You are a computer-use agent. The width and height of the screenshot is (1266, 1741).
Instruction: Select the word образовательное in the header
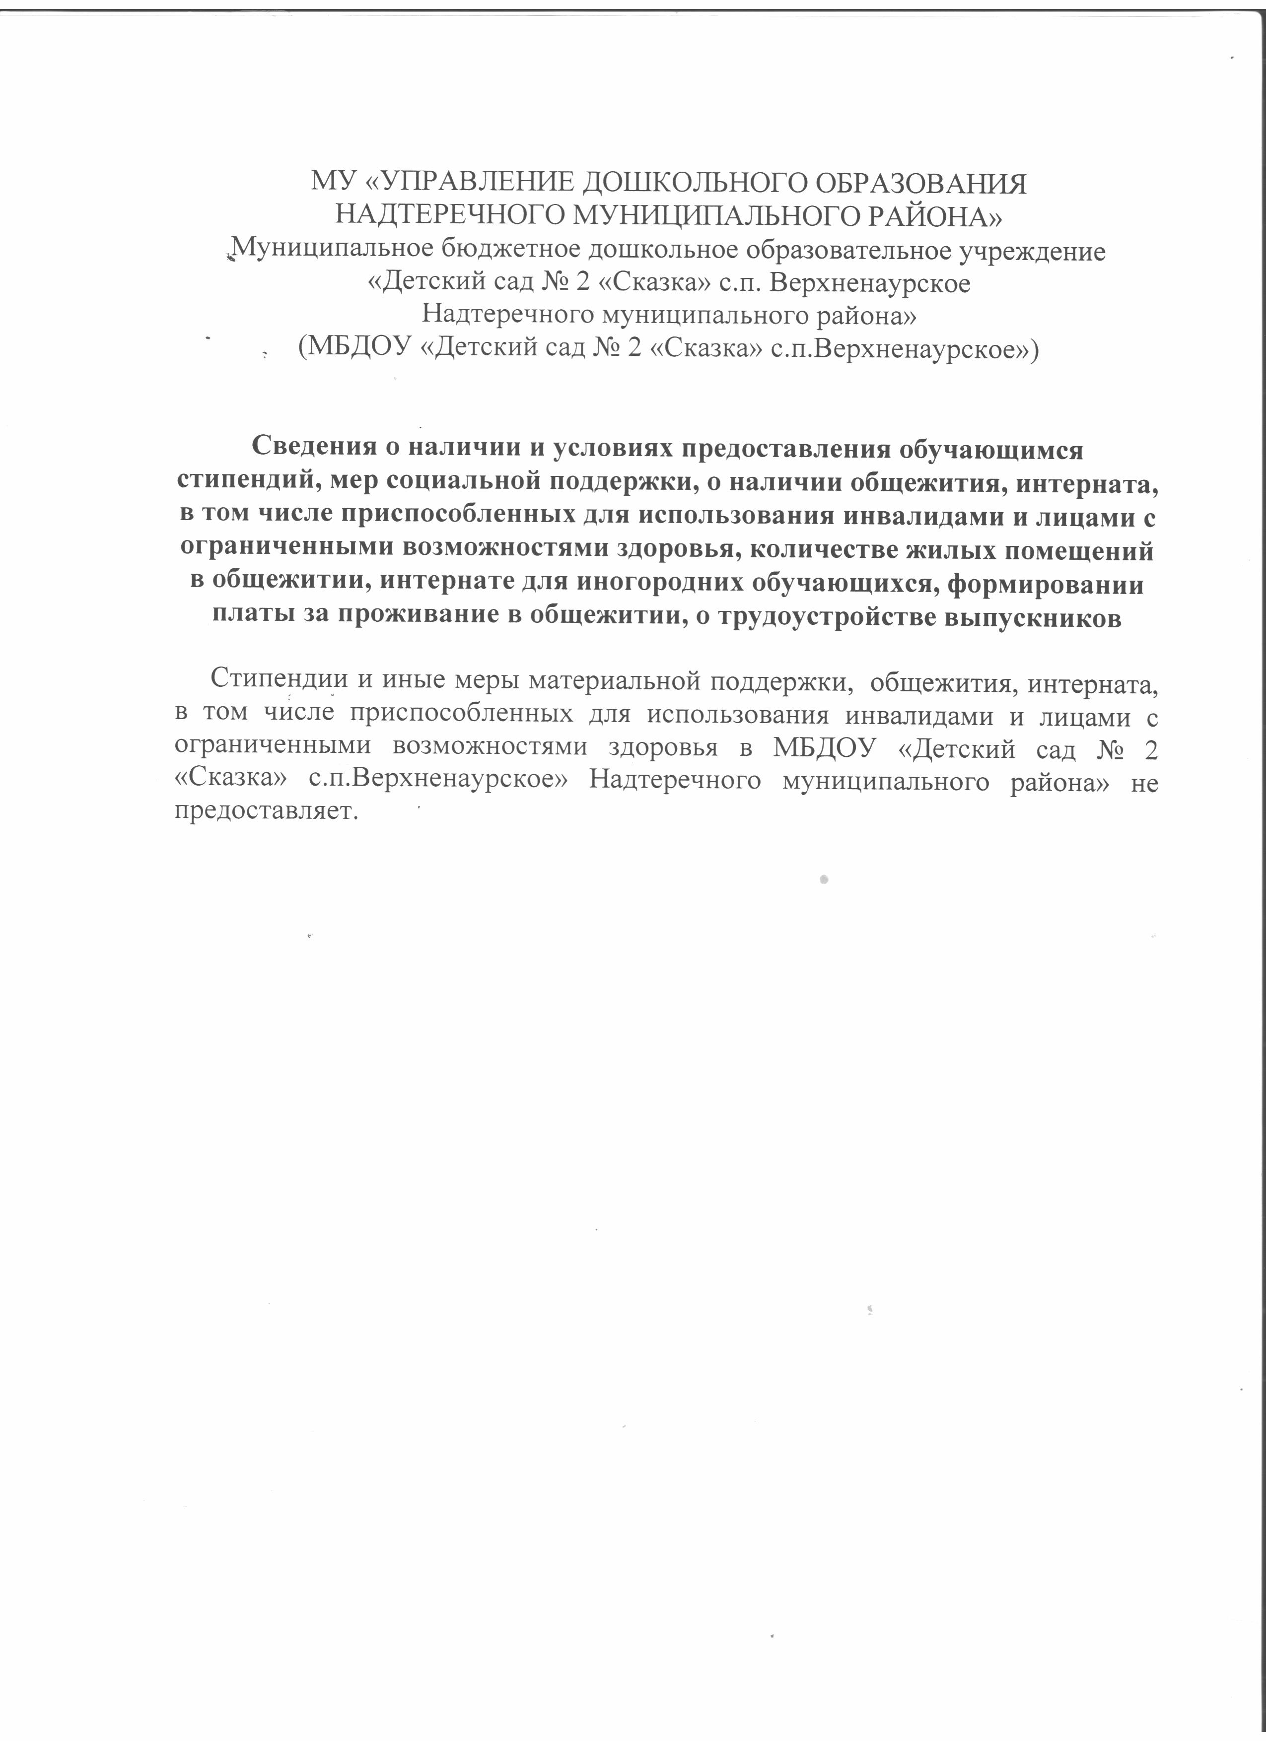point(810,250)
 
